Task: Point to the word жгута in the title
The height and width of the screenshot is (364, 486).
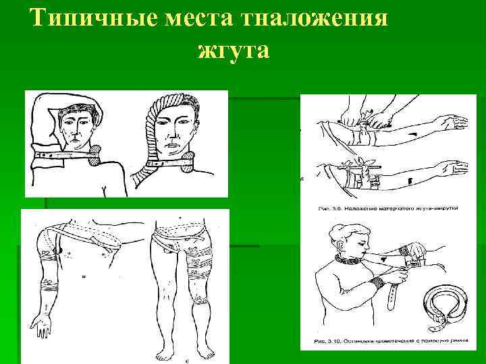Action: (234, 50)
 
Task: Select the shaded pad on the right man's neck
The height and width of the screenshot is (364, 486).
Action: (186, 161)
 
